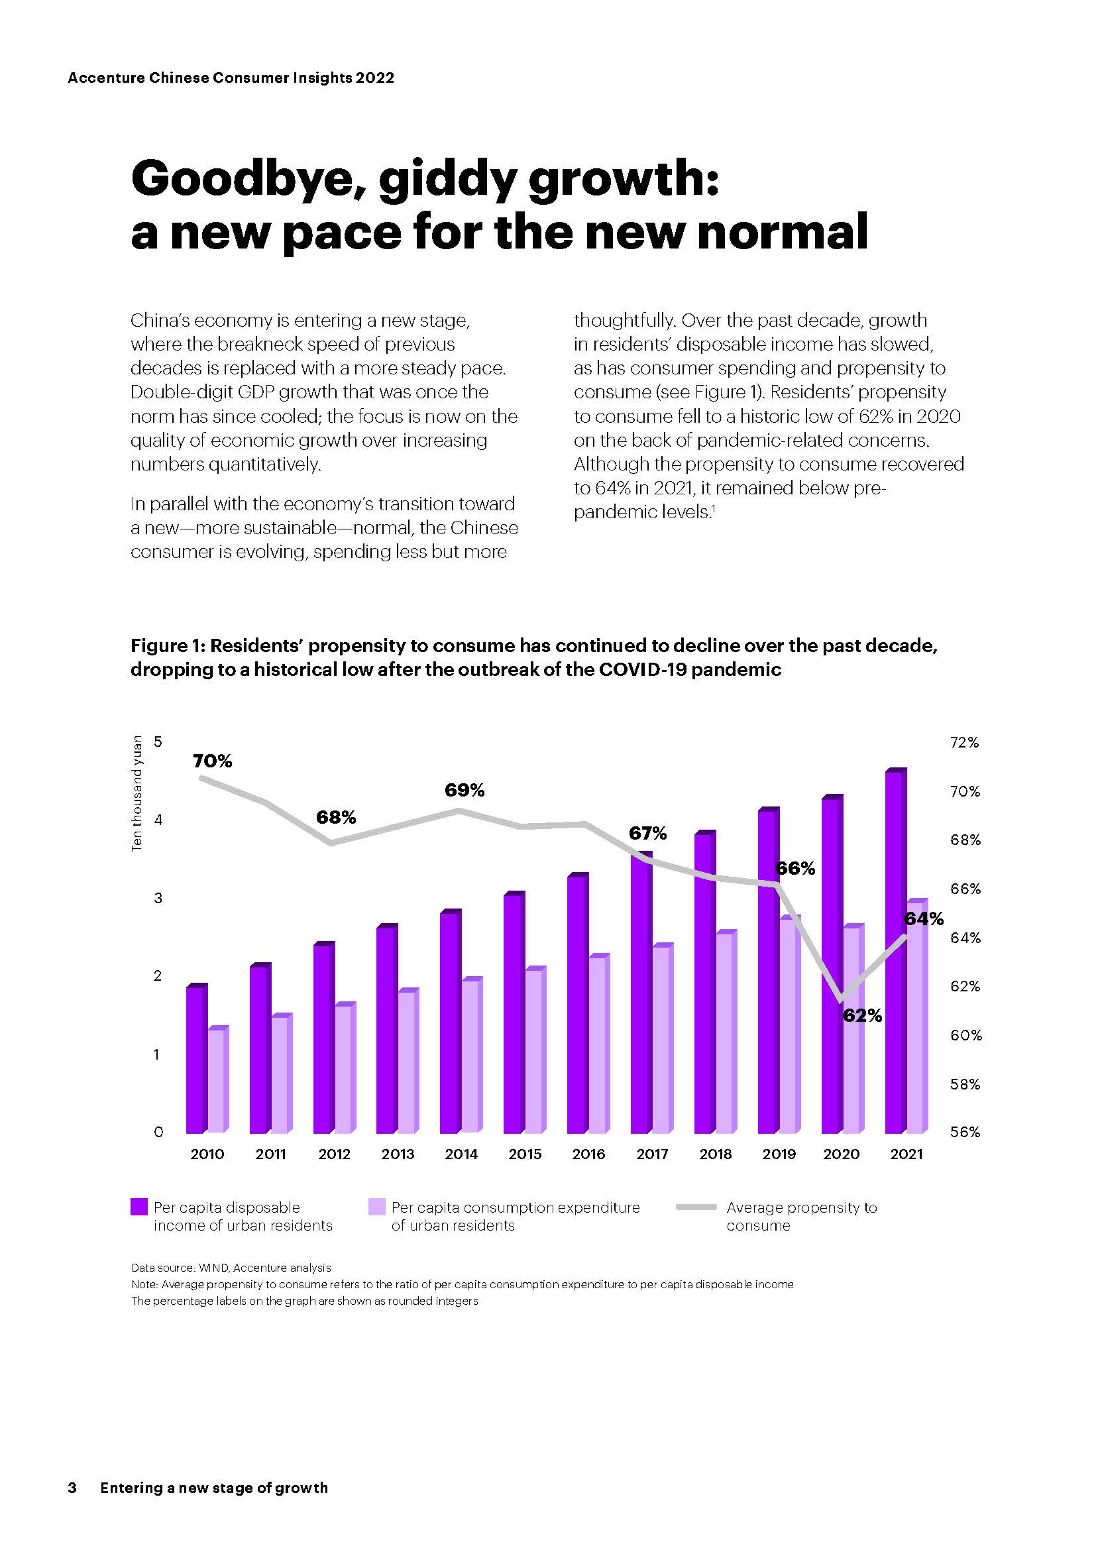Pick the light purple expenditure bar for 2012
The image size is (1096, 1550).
(343, 1070)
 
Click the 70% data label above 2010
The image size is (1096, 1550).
(212, 761)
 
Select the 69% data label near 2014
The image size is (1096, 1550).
(465, 790)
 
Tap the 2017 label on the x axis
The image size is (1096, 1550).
(652, 1154)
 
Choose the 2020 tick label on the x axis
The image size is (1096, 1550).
(841, 1154)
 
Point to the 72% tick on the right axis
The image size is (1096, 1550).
(964, 743)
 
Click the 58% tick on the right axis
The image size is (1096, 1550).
(964, 1084)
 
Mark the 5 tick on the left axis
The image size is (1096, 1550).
(158, 742)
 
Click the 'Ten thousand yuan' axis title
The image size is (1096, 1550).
(137, 793)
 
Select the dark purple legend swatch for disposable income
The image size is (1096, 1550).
(139, 1207)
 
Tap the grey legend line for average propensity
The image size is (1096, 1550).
(696, 1207)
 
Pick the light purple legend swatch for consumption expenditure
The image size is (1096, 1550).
(376, 1207)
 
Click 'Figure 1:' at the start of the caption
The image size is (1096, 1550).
(168, 646)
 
